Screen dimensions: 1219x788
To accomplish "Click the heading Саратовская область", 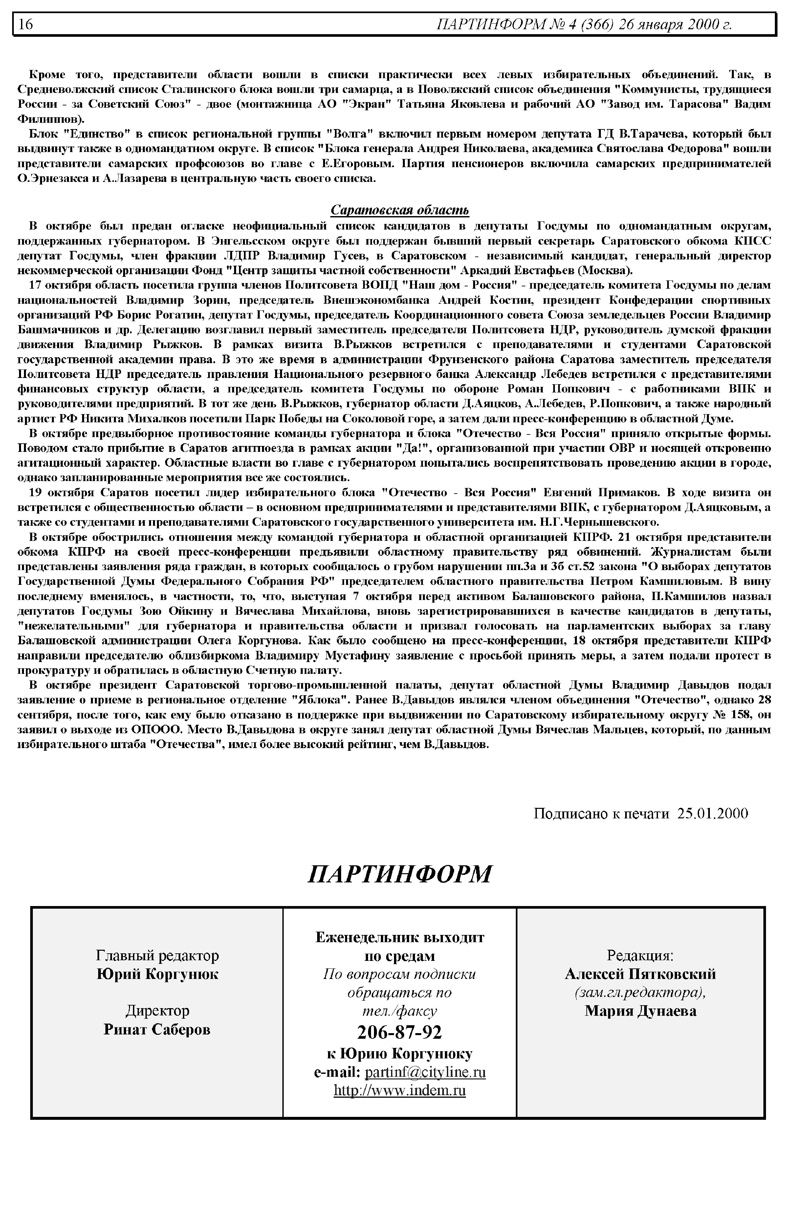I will click(x=400, y=210).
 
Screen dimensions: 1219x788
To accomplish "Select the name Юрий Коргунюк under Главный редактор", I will click(x=157, y=974).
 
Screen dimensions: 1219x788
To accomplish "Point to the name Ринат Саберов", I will click(x=157, y=1029).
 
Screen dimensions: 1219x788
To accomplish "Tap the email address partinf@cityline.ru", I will click(x=425, y=1072).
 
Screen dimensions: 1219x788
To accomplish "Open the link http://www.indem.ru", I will click(x=400, y=1091).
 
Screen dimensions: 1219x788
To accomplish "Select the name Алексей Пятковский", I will click(x=640, y=974).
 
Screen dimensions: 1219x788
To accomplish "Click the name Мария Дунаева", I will click(x=640, y=1011).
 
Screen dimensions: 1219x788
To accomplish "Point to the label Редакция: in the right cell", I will click(x=640, y=955).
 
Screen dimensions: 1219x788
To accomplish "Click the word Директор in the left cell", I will click(x=157, y=1011).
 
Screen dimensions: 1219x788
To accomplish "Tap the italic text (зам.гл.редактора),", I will click(x=640, y=992).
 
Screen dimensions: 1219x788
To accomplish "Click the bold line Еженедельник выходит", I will click(x=400, y=938).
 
